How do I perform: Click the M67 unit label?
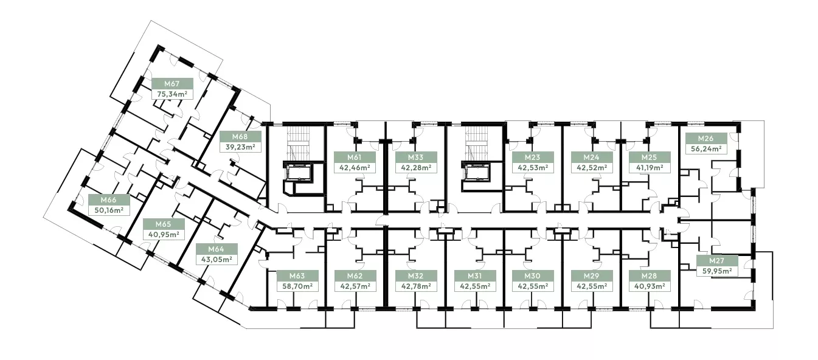[172, 83]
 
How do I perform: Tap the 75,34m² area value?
[172, 94]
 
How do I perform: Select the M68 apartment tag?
[240, 137]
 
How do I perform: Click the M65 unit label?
[163, 224]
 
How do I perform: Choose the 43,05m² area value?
[217, 260]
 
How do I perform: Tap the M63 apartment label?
[297, 276]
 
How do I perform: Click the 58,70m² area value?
[297, 286]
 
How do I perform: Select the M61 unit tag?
[355, 157]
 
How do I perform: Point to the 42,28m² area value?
[417, 168]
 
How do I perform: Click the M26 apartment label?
[705, 139]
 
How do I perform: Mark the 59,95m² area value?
[717, 271]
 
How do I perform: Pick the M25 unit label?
[649, 157]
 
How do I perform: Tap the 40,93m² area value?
[650, 286]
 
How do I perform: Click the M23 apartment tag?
[532, 157]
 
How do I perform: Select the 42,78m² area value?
[417, 286]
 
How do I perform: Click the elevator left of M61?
[299, 172]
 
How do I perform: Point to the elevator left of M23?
[477, 172]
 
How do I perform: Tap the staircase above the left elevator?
[299, 144]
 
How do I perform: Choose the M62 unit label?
[355, 276]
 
